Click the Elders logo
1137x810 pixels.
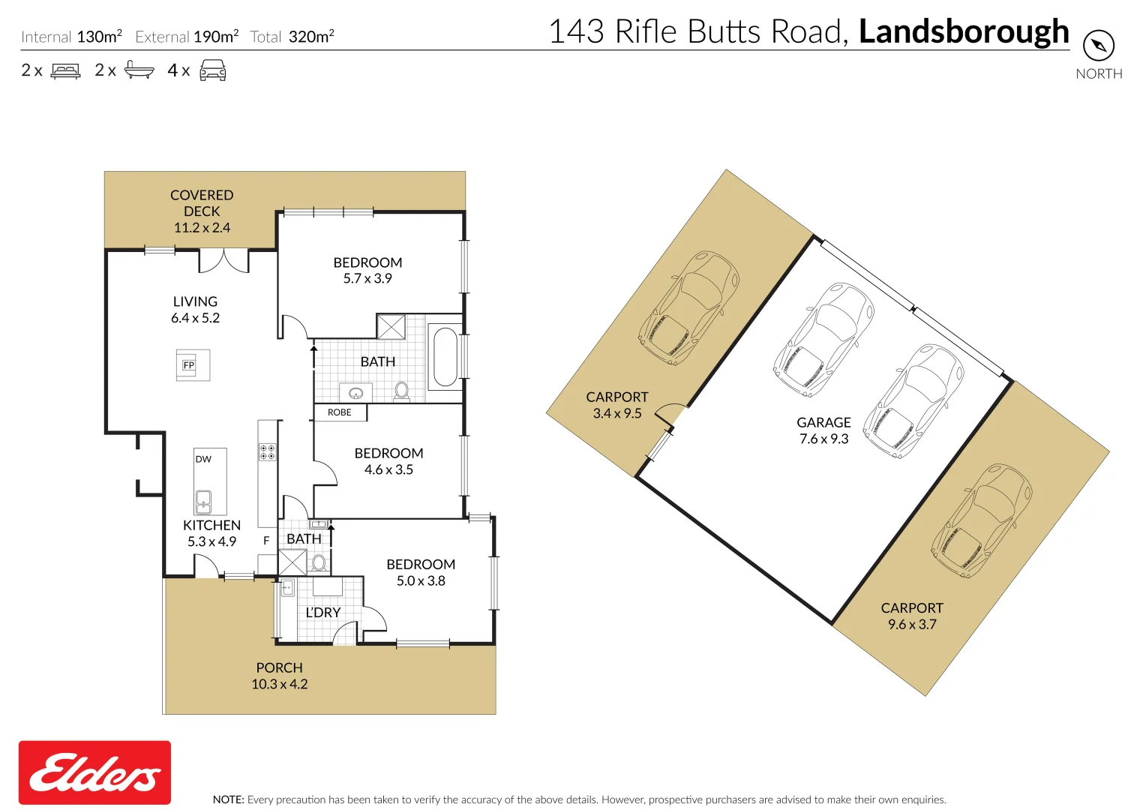pyautogui.click(x=94, y=772)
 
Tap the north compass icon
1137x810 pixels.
pyautogui.click(x=1099, y=46)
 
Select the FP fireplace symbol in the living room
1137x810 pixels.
pyautogui.click(x=189, y=365)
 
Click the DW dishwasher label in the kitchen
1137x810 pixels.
pyautogui.click(x=203, y=459)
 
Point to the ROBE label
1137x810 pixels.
pyautogui.click(x=340, y=412)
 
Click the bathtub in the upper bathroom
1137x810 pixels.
pyautogui.click(x=445, y=356)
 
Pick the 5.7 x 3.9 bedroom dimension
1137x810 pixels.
pyautogui.click(x=367, y=278)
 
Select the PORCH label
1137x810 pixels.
pyautogui.click(x=280, y=667)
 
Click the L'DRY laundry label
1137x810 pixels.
pyautogui.click(x=323, y=613)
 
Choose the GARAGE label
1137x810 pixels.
pyautogui.click(x=823, y=422)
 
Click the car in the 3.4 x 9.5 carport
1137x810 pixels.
pyautogui.click(x=688, y=308)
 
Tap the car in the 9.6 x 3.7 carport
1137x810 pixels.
pyautogui.click(x=982, y=520)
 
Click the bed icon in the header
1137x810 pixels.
pyautogui.click(x=66, y=71)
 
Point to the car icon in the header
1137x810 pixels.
pyautogui.click(x=213, y=70)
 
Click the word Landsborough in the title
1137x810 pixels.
pyautogui.click(x=964, y=31)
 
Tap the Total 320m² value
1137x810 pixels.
pyautogui.click(x=311, y=37)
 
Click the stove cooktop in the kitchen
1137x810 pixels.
pyautogui.click(x=268, y=451)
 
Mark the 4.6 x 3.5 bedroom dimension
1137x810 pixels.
pyautogui.click(x=388, y=469)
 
